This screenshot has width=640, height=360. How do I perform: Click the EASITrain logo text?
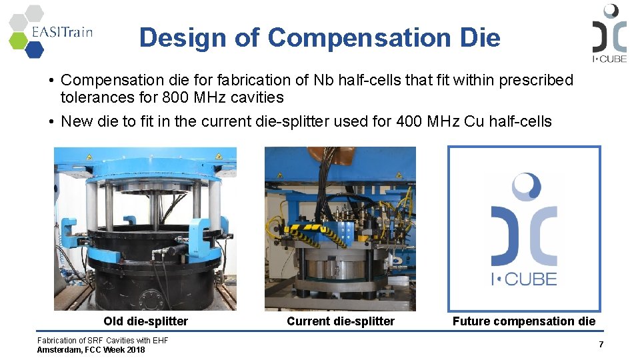point(61,31)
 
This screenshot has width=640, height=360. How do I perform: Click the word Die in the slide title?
point(480,37)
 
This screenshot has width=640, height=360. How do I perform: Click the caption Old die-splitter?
point(145,321)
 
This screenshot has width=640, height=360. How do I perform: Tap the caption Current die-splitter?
point(340,321)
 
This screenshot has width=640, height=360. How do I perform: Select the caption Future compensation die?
point(523,321)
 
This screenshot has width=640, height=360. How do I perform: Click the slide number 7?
point(601,344)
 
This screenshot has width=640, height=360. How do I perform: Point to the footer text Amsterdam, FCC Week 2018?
point(91,349)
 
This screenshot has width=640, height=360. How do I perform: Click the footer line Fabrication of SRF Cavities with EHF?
point(103,341)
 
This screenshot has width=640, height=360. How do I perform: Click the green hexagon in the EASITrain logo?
point(18,40)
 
